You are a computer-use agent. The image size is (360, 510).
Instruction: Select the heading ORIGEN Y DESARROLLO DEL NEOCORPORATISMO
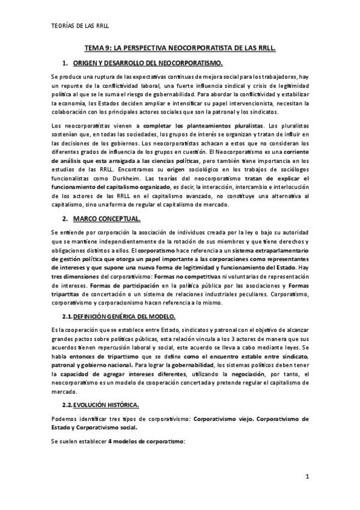click(147, 63)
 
